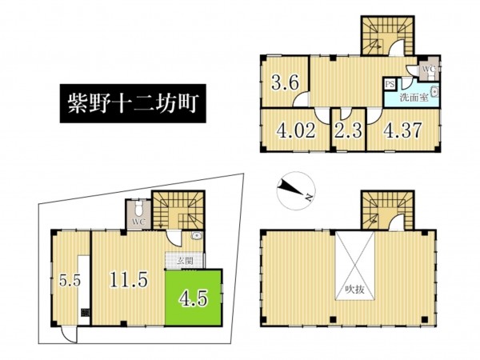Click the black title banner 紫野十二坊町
coord(133,103)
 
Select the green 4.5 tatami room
coord(193,298)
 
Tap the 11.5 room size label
coord(129,280)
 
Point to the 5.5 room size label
coord(70,281)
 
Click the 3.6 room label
coord(285,82)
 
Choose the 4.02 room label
coord(295,130)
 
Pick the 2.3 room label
coord(348,130)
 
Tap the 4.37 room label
coord(403,130)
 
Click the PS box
coord(390,84)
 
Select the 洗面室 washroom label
coord(414,98)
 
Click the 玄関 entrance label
coord(186,261)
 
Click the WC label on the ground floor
coord(139,222)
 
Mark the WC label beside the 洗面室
coord(429,69)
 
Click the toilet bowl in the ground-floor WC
coord(139,207)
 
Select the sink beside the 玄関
coord(196,235)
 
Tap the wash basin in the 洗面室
coord(435,92)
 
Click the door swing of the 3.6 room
coord(301,98)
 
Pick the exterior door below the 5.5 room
coord(68,334)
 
